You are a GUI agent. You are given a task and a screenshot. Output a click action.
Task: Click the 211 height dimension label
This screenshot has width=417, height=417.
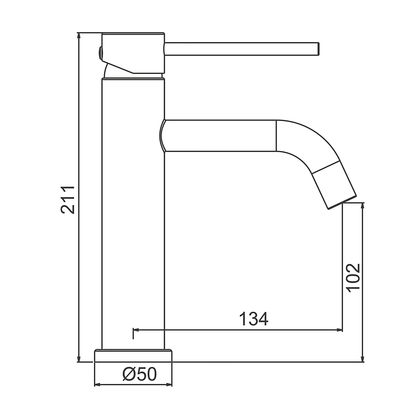(68, 200)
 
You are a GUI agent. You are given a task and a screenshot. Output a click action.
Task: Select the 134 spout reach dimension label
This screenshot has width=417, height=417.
(254, 319)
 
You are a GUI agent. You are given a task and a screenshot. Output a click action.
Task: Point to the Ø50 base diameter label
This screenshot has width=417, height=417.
(140, 374)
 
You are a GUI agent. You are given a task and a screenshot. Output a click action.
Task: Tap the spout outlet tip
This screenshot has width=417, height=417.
(341, 202)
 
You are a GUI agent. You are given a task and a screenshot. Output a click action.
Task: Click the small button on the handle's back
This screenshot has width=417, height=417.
(100, 53)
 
